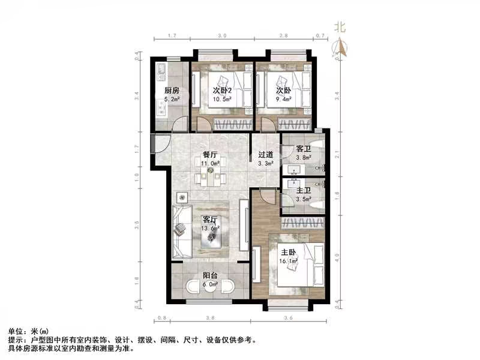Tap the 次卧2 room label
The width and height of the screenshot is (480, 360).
click(x=222, y=91)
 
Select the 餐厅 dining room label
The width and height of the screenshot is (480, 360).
click(x=209, y=154)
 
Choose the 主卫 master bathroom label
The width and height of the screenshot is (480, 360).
click(x=304, y=190)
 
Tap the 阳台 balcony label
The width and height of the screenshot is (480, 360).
click(x=209, y=277)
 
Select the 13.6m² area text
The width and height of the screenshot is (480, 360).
click(x=211, y=229)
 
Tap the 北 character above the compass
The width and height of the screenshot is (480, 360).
click(x=340, y=27)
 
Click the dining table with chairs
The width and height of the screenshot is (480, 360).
click(x=211, y=177)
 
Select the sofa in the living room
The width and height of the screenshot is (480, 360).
click(x=182, y=229)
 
